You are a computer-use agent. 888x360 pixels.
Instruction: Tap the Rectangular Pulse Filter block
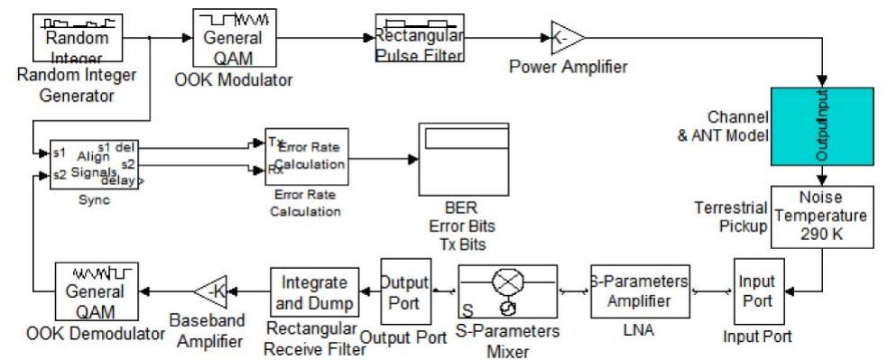(x=420, y=38)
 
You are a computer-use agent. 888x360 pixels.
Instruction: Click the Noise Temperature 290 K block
(x=822, y=217)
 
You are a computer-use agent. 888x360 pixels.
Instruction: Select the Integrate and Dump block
(x=310, y=291)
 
